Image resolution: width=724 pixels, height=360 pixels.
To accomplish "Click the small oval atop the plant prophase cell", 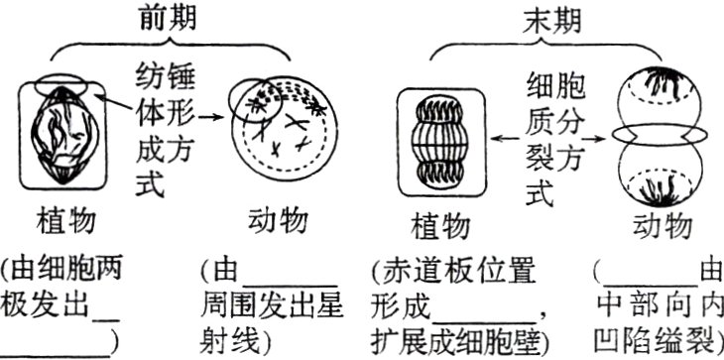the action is (62, 87).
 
